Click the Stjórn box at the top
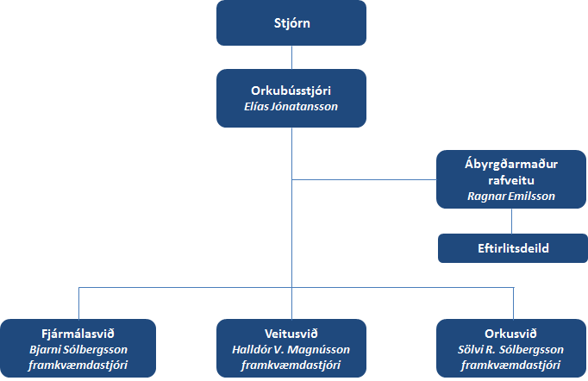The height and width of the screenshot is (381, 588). point(291,23)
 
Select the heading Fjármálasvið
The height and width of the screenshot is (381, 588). point(78,333)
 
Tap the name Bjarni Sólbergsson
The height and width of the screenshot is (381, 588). point(78,349)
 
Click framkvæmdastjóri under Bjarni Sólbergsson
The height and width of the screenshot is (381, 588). point(78,365)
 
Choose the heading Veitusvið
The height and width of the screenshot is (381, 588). point(291,333)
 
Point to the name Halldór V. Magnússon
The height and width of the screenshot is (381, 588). point(291,349)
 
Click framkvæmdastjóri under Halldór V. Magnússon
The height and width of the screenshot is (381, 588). point(291,365)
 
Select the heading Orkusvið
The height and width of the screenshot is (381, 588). point(512,333)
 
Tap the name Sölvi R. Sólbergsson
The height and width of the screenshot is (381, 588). point(512,349)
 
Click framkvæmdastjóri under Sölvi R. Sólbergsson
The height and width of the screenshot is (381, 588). point(512,365)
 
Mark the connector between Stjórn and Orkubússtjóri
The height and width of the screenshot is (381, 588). point(291,57)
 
